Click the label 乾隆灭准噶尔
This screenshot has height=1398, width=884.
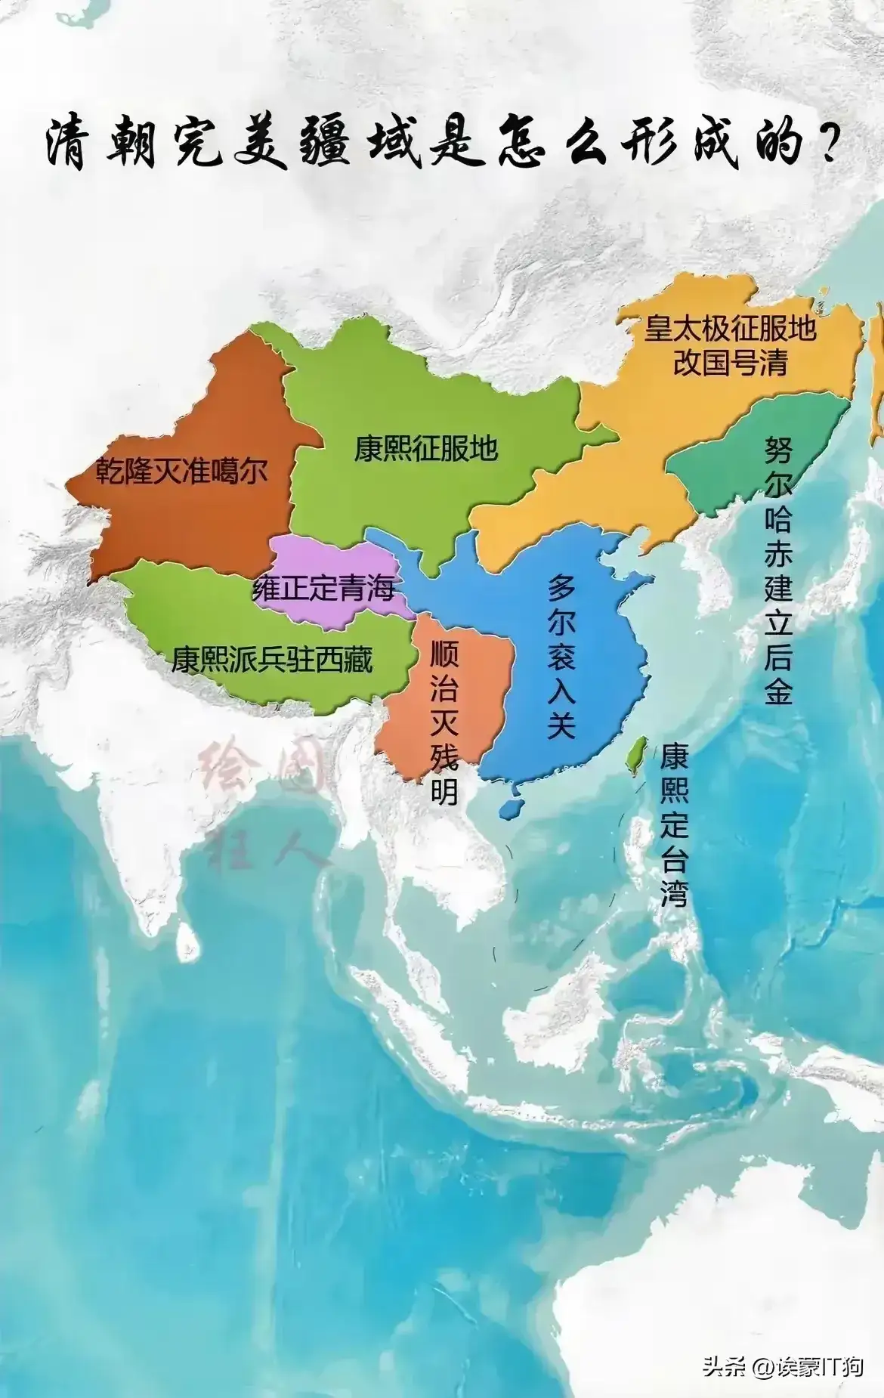click(181, 472)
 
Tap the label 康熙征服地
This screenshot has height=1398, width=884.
click(426, 448)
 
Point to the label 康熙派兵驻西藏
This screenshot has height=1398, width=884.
click(272, 660)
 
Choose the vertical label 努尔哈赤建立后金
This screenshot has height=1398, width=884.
click(778, 570)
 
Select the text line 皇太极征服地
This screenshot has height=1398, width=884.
click(730, 328)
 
